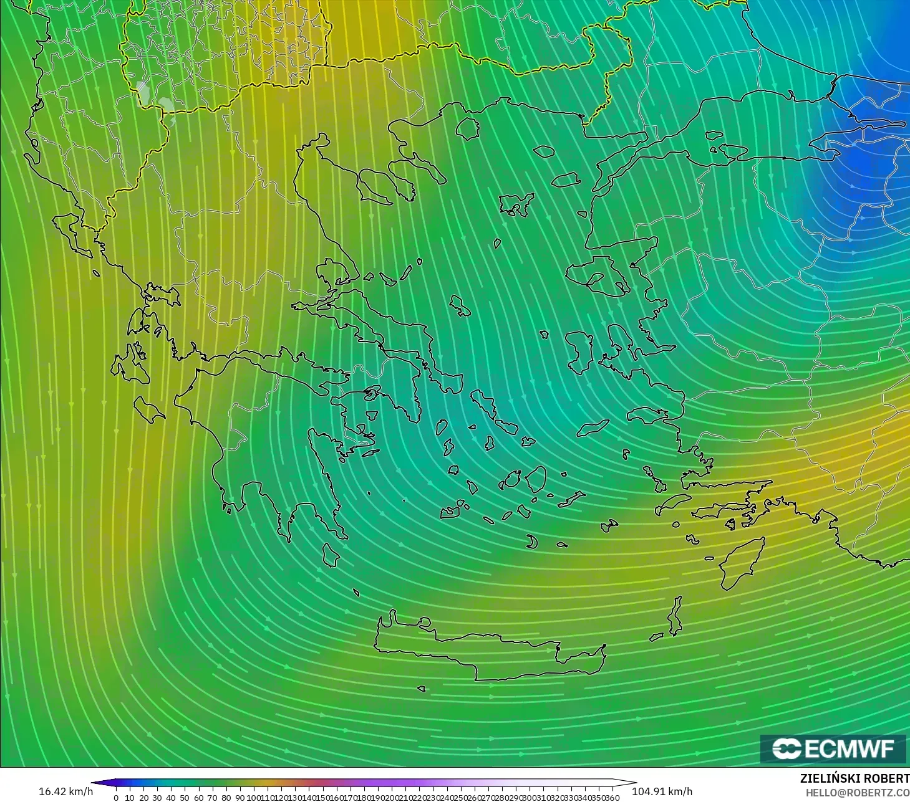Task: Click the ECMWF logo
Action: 833,748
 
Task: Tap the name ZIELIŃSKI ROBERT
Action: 854,779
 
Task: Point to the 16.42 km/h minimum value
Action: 65,791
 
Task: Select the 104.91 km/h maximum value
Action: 662,791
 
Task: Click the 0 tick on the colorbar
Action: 116,798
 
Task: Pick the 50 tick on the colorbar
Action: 185,798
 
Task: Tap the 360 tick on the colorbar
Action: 612,798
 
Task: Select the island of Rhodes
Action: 741,564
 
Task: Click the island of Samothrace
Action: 544,151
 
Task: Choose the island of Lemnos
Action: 516,204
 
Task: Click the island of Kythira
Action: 331,555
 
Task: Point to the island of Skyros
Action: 460,305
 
